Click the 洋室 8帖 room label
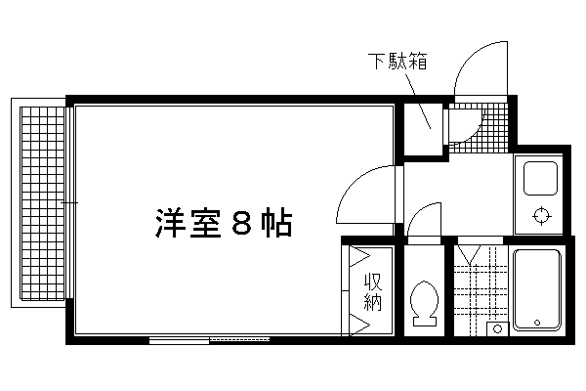(x=222, y=225)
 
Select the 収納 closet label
(x=372, y=291)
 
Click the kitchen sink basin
(x=540, y=179)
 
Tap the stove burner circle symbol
(x=540, y=215)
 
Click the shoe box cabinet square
(x=425, y=124)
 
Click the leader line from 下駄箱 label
(x=418, y=100)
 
